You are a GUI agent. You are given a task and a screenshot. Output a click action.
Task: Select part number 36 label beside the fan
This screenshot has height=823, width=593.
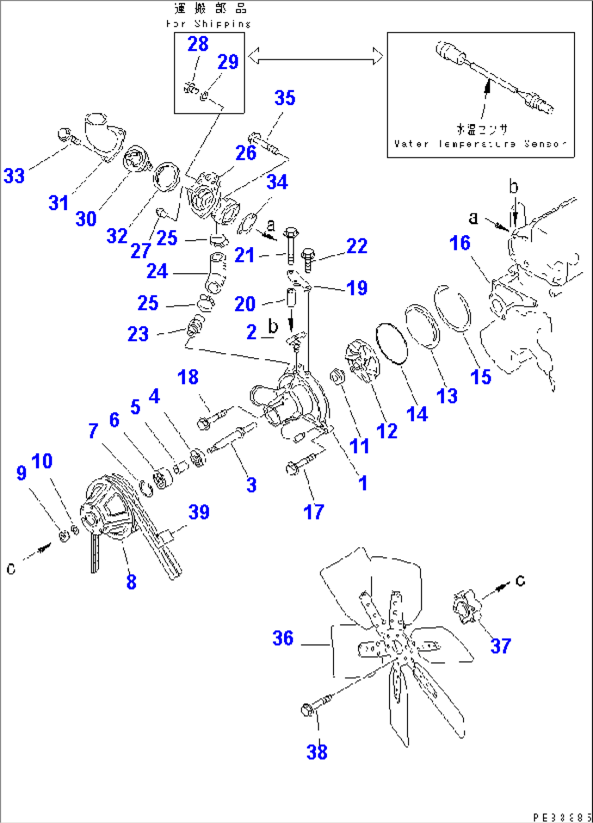pyautogui.click(x=283, y=638)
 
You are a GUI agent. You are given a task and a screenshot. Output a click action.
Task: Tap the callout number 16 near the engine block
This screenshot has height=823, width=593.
pyautogui.click(x=460, y=243)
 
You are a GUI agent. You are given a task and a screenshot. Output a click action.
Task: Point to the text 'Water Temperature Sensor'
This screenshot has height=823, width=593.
pyautogui.click(x=480, y=144)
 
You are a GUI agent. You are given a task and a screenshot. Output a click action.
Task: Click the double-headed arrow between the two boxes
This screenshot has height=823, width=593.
pyautogui.click(x=316, y=56)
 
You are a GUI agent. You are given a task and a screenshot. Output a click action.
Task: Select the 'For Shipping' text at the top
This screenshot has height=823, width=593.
pyautogui.click(x=209, y=24)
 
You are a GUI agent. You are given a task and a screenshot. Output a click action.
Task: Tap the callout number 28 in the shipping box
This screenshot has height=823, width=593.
pyautogui.click(x=197, y=44)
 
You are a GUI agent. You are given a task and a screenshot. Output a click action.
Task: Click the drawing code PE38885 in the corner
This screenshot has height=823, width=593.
pyautogui.click(x=563, y=816)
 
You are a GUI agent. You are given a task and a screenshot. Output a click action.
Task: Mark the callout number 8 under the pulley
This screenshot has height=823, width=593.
pyautogui.click(x=131, y=581)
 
